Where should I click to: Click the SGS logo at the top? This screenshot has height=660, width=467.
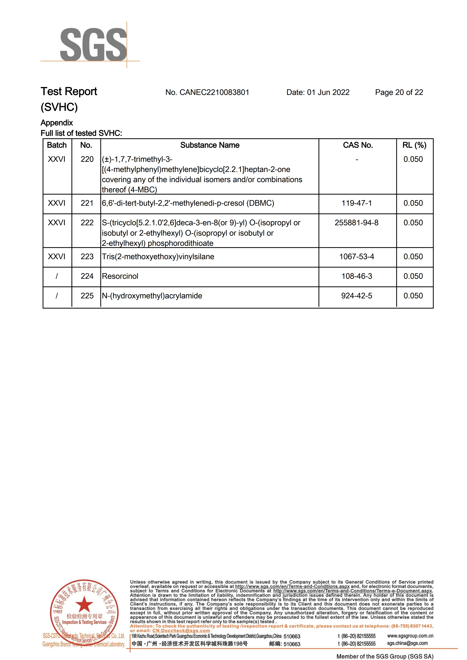tap(93, 45)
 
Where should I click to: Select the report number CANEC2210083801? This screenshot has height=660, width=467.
tap(214, 92)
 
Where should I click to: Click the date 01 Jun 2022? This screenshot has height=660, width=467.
tap(328, 92)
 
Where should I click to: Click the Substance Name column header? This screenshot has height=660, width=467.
tap(210, 145)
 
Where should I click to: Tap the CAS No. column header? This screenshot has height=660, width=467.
tap(358, 145)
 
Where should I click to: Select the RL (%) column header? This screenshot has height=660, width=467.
tap(414, 145)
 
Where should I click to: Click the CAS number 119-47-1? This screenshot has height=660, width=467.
tap(357, 203)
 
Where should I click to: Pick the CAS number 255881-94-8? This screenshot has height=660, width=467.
tap(357, 223)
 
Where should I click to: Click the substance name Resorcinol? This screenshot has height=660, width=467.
tap(120, 276)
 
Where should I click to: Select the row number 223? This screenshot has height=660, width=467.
tap(87, 257)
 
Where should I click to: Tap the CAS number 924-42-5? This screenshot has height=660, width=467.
tap(357, 296)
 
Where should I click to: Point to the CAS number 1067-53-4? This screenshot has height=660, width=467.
tap(357, 257)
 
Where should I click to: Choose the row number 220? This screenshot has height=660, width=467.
tap(87, 159)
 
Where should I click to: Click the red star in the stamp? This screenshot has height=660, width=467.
tap(84, 604)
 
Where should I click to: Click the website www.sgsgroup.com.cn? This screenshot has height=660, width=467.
tap(410, 636)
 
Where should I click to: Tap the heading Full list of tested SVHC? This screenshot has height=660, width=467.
tap(81, 133)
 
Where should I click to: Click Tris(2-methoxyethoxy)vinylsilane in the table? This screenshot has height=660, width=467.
tap(158, 257)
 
